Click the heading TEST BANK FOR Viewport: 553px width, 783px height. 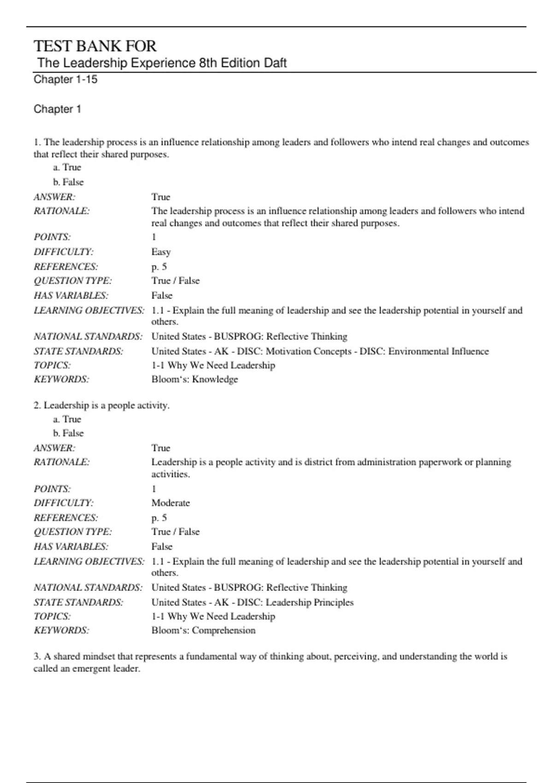[x=95, y=46]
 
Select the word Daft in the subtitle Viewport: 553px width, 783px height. [x=275, y=63]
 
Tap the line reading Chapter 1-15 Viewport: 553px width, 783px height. [x=65, y=79]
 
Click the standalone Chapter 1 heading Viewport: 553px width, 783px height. [x=58, y=109]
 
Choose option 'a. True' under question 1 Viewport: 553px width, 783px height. [x=67, y=167]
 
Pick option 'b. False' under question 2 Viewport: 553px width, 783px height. [x=68, y=433]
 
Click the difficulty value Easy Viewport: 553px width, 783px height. [x=161, y=251]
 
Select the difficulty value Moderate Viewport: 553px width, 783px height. [x=171, y=503]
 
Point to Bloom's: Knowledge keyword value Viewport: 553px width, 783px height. [x=194, y=379]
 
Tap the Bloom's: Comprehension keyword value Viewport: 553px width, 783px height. [x=203, y=630]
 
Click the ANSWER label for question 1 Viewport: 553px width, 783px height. [x=54, y=197]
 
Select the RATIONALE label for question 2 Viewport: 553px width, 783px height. [x=61, y=462]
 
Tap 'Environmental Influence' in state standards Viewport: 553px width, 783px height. [x=438, y=351]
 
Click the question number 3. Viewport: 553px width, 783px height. [x=37, y=656]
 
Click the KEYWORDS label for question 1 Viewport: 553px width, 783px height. [x=61, y=379]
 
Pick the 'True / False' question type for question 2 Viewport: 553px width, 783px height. [x=176, y=532]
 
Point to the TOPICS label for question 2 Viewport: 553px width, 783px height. [x=52, y=616]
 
